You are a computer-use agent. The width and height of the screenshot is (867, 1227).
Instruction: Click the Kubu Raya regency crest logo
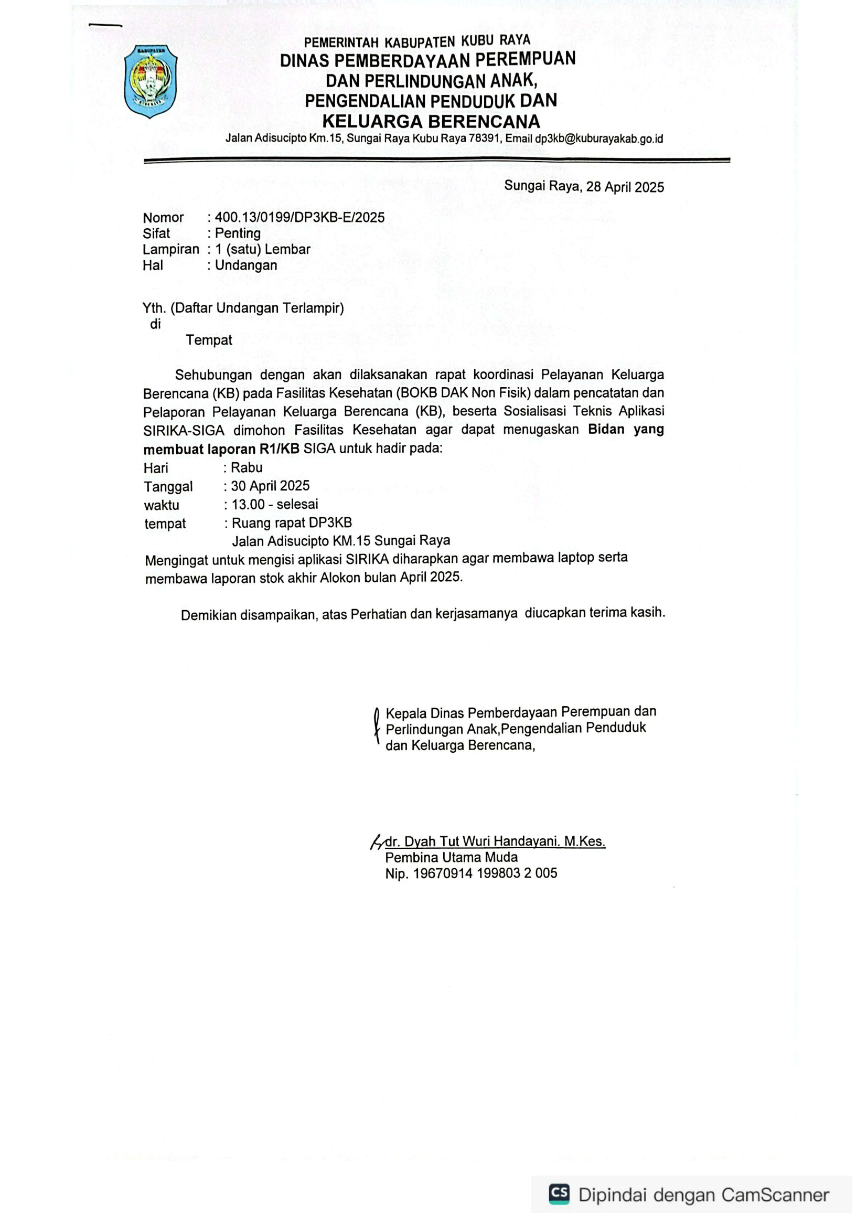pos(151,81)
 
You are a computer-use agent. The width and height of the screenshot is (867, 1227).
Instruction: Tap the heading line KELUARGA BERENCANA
pos(431,121)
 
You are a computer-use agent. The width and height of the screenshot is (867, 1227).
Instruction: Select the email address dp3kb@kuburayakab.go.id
pos(599,139)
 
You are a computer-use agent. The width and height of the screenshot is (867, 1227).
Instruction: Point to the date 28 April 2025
pos(625,187)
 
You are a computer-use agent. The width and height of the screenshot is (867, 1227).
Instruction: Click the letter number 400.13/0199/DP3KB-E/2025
pos(299,217)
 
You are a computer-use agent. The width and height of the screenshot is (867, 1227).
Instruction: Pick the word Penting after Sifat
pos(238,233)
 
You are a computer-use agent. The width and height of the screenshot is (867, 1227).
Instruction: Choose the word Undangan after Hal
pos(246,265)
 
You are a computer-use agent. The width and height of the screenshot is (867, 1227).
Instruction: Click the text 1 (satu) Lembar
pos(262,249)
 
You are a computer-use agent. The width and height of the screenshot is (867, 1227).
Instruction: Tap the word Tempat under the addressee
pos(209,340)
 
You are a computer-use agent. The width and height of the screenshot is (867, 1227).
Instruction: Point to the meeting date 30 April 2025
pos(270,486)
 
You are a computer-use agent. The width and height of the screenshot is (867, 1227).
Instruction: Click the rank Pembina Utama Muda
pos(452,858)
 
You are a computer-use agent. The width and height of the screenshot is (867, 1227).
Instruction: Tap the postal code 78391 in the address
pos(484,138)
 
